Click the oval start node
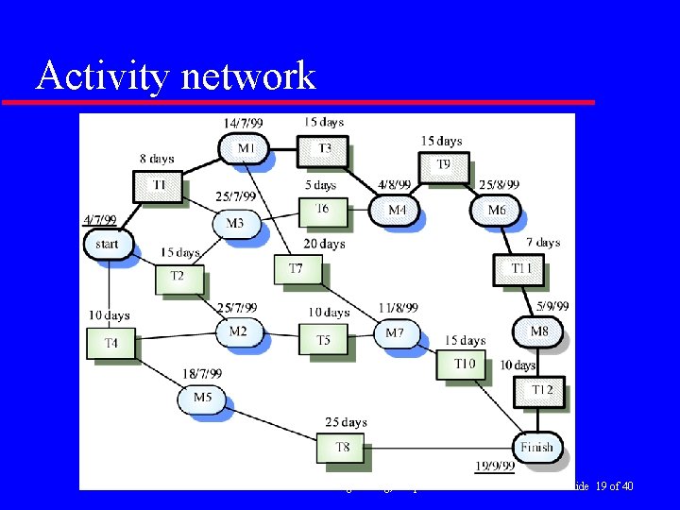click(107, 244)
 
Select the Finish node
click(535, 447)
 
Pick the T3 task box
click(323, 148)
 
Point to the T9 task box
click(442, 165)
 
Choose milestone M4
click(397, 210)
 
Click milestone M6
click(496, 210)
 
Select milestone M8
click(536, 331)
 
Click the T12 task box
click(541, 390)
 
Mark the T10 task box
click(463, 364)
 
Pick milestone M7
click(395, 332)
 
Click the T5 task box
click(322, 340)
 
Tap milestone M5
click(202, 398)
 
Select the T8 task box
click(341, 447)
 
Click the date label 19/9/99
click(494, 466)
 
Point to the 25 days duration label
click(346, 422)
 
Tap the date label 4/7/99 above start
click(99, 220)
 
